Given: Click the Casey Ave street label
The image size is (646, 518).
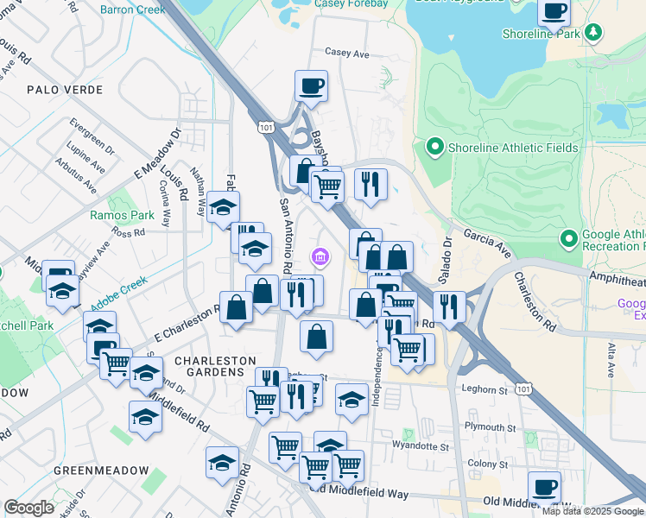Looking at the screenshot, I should [x=347, y=54].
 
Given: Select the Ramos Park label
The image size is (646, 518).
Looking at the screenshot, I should [x=122, y=215].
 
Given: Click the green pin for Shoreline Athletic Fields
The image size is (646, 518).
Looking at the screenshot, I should [x=434, y=148].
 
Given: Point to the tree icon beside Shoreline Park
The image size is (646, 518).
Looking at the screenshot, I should [x=592, y=33].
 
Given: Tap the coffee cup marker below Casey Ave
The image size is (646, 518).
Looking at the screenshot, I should [x=311, y=86].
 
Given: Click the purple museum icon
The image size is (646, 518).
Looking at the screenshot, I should [x=320, y=256].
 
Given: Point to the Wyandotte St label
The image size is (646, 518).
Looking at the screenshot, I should [x=421, y=447].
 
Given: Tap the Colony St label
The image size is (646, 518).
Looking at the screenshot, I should [x=489, y=464].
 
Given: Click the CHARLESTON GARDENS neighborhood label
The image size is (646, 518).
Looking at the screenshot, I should [x=216, y=366].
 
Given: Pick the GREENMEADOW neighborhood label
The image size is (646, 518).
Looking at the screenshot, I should [x=96, y=471].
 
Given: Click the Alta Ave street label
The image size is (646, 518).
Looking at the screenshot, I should [x=610, y=359].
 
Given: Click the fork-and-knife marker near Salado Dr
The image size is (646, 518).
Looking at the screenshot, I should [x=449, y=306].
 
